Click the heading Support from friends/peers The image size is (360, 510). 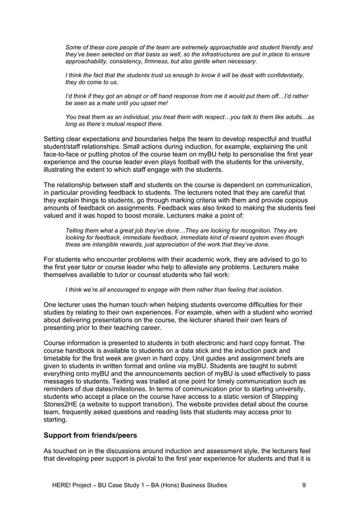(97, 436)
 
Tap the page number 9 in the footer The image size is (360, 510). (305, 485)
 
